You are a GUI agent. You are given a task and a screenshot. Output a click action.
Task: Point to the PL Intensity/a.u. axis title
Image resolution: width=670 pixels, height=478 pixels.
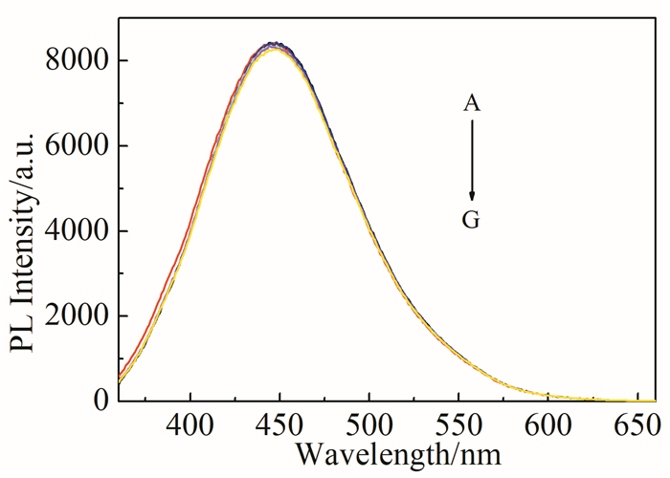coord(25,229)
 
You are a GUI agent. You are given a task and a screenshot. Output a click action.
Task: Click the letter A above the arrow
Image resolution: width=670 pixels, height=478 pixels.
coord(471,103)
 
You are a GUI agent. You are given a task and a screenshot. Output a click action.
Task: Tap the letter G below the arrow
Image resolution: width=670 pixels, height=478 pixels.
coord(471,221)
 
